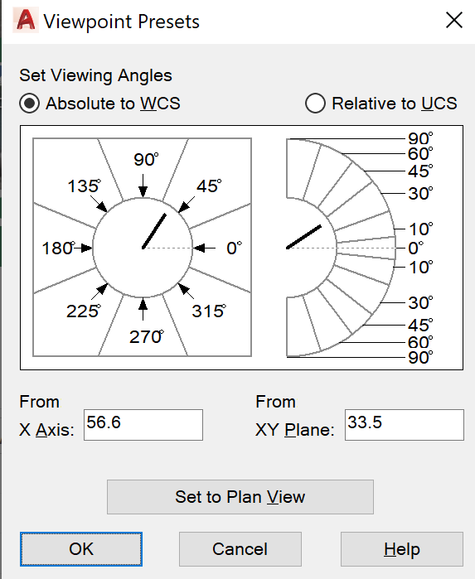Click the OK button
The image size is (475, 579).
(81, 548)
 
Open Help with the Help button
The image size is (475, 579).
(402, 548)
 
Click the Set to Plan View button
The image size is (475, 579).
(240, 497)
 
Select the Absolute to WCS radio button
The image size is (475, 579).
(29, 103)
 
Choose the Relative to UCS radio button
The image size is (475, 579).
(315, 103)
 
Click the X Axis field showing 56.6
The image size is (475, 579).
(143, 425)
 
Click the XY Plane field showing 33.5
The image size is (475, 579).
(404, 425)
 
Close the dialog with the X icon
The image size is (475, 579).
(454, 21)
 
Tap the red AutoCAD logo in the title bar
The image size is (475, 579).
(26, 21)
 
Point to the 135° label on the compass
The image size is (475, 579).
(84, 186)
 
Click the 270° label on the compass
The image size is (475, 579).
(147, 337)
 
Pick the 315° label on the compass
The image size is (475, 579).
(209, 311)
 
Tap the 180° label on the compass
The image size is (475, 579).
(58, 248)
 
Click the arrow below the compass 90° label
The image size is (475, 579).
(143, 186)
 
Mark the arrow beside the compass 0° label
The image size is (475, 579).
(205, 248)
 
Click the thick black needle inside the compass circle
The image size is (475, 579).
(154, 231)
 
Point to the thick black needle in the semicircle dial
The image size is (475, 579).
(304, 237)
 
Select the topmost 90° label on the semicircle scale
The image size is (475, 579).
(420, 139)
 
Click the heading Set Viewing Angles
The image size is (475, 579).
(95, 75)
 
